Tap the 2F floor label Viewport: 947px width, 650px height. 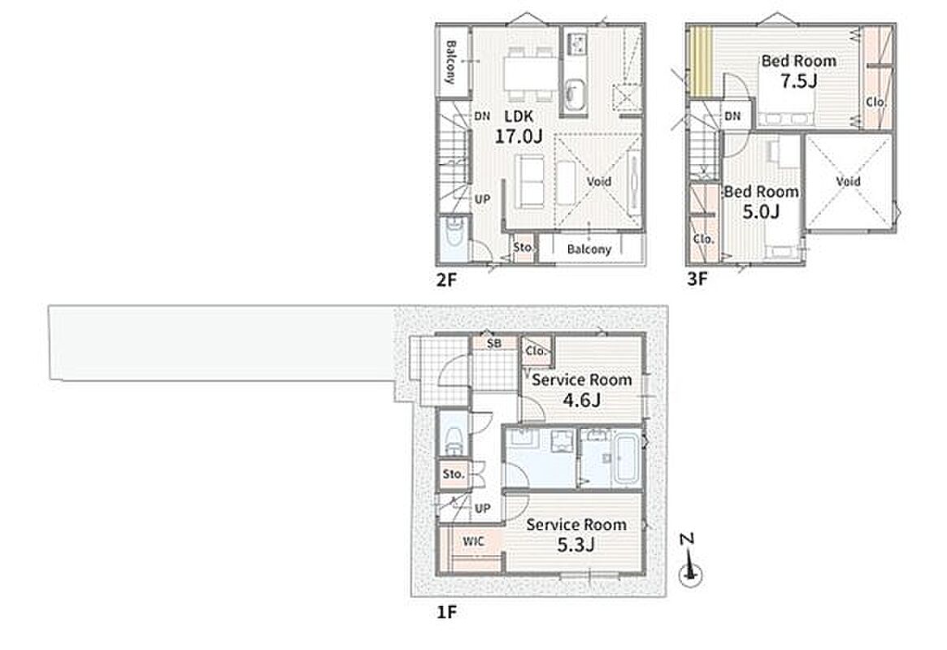(446, 279)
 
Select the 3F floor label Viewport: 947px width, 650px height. (697, 279)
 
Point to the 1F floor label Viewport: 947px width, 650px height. (446, 613)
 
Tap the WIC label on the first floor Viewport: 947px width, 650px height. (473, 541)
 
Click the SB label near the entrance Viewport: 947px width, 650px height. (494, 344)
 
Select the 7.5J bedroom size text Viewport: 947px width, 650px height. (798, 81)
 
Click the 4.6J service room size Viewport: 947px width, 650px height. (581, 400)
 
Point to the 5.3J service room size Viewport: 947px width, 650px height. (576, 544)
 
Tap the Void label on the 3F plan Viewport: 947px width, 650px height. (849, 181)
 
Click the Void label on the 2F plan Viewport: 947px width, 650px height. (599, 181)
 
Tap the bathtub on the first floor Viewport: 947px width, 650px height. (626, 457)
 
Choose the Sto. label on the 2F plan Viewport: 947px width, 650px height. (523, 248)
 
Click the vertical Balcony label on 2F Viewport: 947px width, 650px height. (450, 62)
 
